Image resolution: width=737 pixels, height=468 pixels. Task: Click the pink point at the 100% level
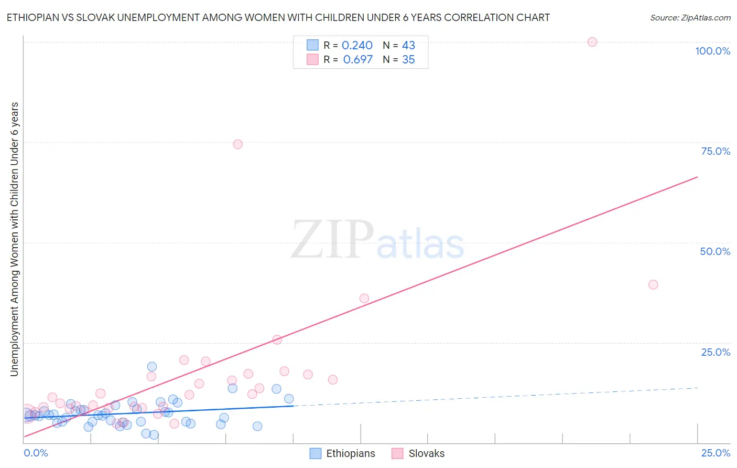click(x=592, y=42)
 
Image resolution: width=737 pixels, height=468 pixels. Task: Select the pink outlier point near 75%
click(x=237, y=144)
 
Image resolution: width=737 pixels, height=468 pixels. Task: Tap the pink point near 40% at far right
click(x=653, y=284)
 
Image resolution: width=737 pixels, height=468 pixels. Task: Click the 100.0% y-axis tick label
click(x=712, y=51)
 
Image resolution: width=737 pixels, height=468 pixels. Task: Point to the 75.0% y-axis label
click(x=716, y=151)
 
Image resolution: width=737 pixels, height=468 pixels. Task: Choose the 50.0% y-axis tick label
click(x=715, y=251)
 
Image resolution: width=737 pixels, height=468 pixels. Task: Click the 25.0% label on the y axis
click(x=716, y=352)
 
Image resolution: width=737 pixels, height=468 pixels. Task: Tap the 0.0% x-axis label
click(x=36, y=453)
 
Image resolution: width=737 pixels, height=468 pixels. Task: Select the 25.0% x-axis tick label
click(x=716, y=453)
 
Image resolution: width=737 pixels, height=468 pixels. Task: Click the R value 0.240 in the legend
click(x=357, y=46)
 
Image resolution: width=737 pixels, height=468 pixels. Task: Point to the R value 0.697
click(x=357, y=60)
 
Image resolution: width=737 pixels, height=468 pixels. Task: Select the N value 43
click(x=408, y=46)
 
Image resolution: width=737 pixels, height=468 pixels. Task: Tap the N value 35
click(x=408, y=60)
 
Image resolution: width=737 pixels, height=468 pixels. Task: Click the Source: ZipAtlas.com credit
click(x=690, y=18)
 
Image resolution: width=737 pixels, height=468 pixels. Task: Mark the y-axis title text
click(x=14, y=239)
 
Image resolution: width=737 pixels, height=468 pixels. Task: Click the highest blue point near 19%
click(x=152, y=367)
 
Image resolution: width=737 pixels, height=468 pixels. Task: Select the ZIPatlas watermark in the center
click(x=377, y=240)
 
